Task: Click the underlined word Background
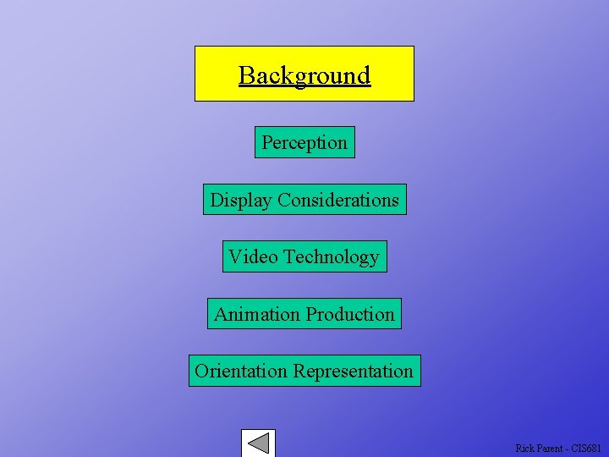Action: click(x=304, y=75)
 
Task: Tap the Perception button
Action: click(x=304, y=142)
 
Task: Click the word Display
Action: click(x=241, y=200)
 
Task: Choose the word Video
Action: click(x=253, y=256)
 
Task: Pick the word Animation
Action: click(x=256, y=314)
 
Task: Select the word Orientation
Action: click(x=241, y=371)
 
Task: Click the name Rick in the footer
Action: click(x=524, y=448)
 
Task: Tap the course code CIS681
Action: click(x=586, y=448)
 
